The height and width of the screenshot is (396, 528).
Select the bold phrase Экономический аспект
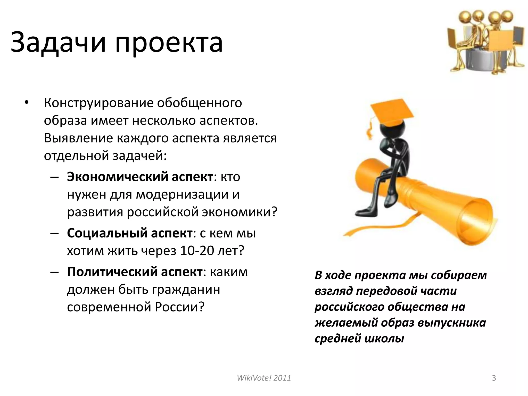click(140, 177)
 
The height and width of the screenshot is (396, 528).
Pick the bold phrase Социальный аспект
click(130, 233)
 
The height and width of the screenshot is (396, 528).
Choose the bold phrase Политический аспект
click(135, 272)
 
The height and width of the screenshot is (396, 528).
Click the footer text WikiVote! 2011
click(264, 378)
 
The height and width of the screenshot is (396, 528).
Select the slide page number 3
click(494, 378)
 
